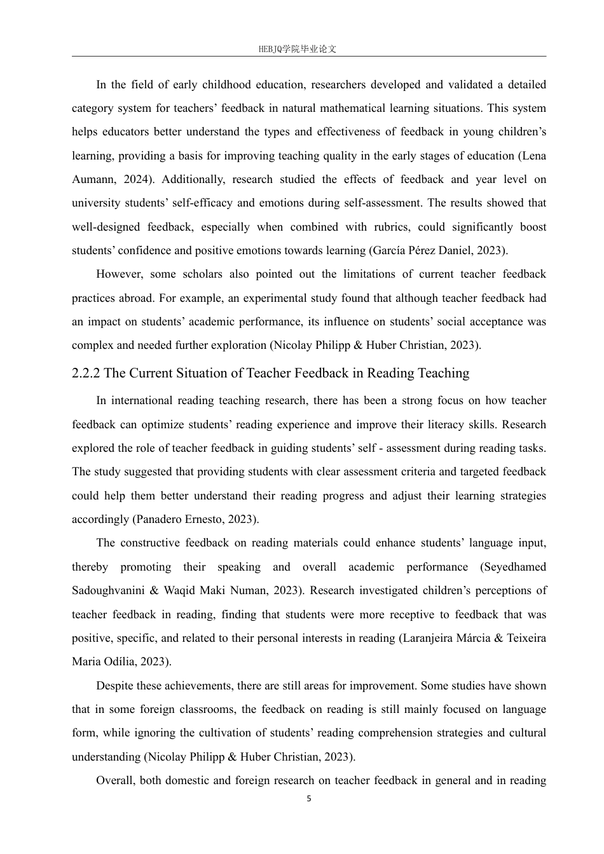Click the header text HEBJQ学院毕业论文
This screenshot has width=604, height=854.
click(298, 49)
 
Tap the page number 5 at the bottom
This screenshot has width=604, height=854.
click(309, 799)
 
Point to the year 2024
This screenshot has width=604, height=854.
click(135, 179)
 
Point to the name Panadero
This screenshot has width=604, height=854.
click(157, 519)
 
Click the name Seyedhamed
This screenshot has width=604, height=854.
click(514, 567)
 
